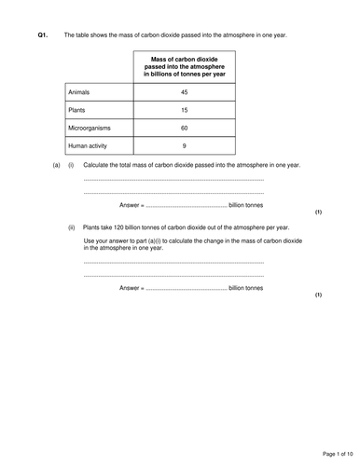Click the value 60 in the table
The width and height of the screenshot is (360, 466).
click(184, 129)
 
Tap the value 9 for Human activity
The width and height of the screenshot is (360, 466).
click(184, 146)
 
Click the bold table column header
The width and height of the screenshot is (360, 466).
click(184, 67)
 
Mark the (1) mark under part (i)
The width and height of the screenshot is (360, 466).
click(318, 212)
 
